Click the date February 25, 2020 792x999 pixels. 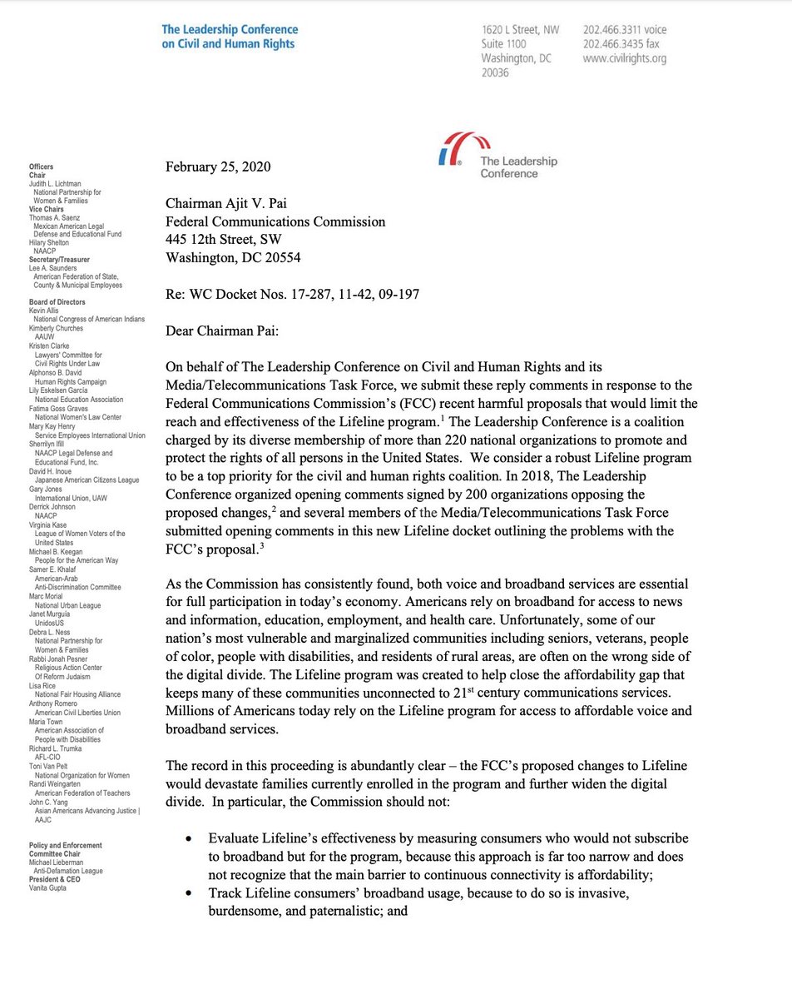pyautogui.click(x=218, y=166)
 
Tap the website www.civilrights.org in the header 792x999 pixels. pyautogui.click(x=624, y=59)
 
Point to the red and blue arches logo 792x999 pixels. pyautogui.click(x=456, y=150)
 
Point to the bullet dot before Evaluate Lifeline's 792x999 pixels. pyautogui.click(x=193, y=838)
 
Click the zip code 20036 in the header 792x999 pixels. pyautogui.click(x=497, y=73)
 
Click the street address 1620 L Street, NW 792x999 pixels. pyautogui.click(x=520, y=31)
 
